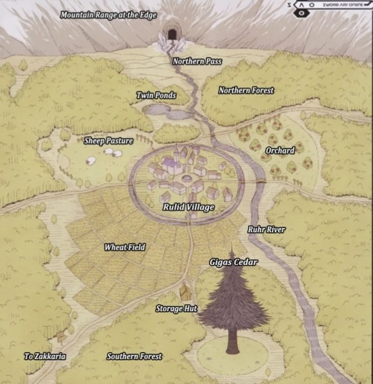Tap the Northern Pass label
coord(197,61)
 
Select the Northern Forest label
coord(246,90)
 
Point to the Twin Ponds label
coord(156,95)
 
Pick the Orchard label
coord(280,150)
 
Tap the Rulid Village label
coord(188,207)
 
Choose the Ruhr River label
coord(266,229)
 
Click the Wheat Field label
coord(125,247)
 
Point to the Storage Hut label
coord(176,308)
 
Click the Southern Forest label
coord(135,356)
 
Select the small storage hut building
coord(185,292)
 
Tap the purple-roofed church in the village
coord(172,164)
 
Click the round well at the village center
coord(187,177)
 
